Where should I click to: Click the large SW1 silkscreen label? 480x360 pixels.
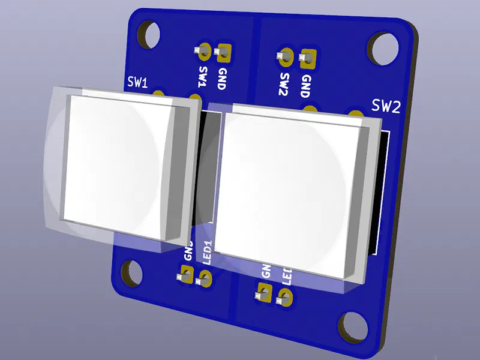click(137, 83)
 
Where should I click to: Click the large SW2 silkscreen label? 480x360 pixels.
click(385, 107)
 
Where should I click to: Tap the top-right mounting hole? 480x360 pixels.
click(383, 49)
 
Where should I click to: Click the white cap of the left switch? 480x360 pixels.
click(120, 165)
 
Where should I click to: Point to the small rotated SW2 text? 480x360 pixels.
click(284, 85)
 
